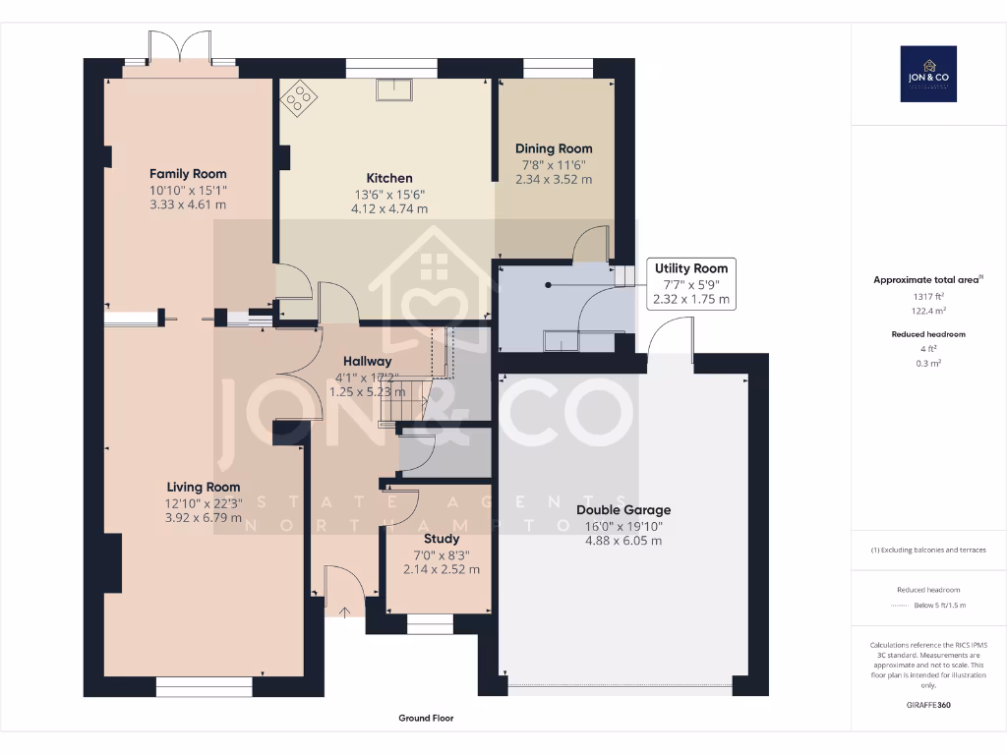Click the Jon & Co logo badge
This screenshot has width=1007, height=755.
928,74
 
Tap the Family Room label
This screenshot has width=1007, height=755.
188,174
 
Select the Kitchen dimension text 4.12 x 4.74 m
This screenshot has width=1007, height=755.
389,208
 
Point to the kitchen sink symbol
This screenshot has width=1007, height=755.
397,89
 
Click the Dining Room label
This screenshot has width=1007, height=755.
554,148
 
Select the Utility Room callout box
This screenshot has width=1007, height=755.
690,283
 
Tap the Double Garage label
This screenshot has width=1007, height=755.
623,510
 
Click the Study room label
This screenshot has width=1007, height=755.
442,539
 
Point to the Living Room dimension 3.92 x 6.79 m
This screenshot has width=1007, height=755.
203,517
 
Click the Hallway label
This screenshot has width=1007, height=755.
367,362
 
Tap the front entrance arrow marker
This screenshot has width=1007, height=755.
344,611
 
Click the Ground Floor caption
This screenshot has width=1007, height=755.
426,719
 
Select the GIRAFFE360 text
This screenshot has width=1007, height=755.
928,705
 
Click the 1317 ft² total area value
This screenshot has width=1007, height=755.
928,296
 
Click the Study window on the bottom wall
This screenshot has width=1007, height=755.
430,621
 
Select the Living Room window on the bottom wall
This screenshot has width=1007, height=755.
204,685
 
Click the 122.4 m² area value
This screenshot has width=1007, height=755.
928,310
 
